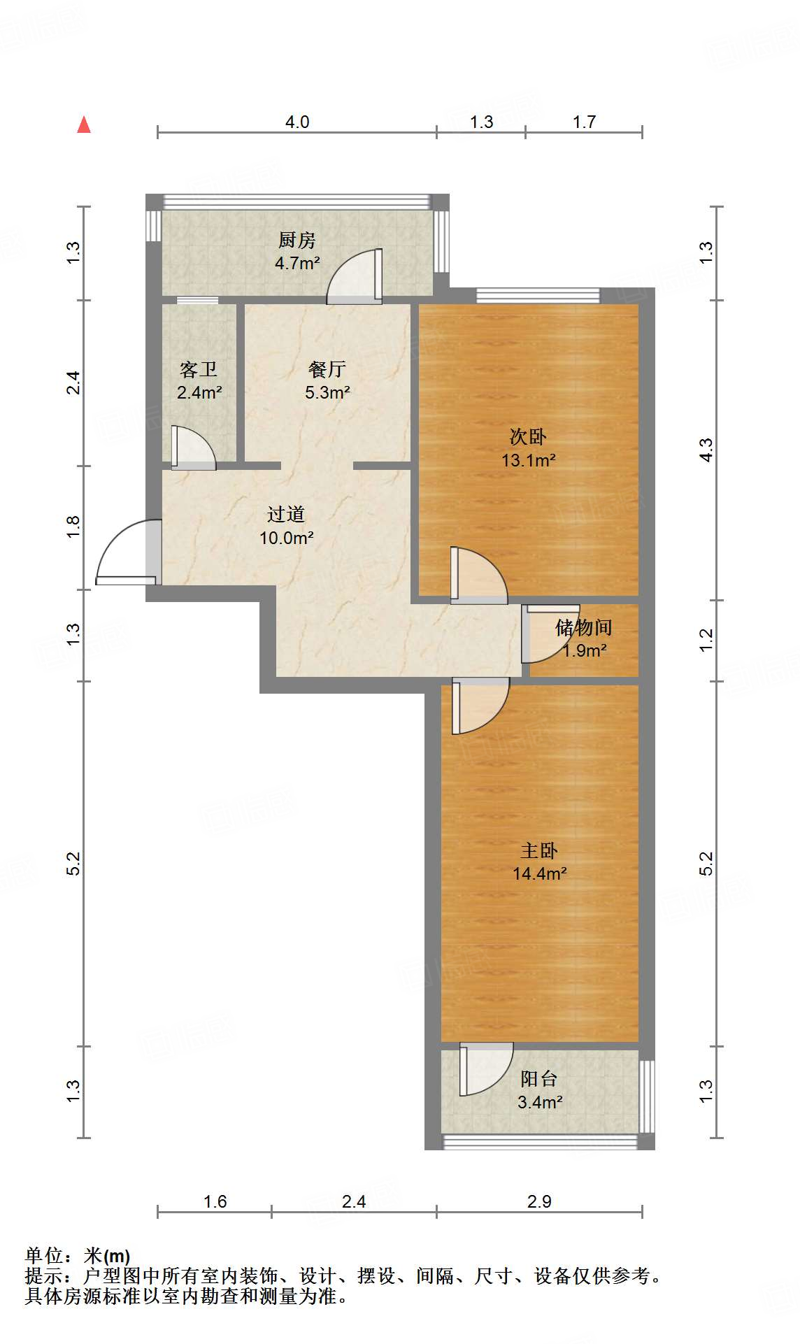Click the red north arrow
[x=84, y=124]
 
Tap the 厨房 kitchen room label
[x=297, y=241]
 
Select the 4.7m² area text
[x=297, y=264]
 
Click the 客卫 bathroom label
[x=199, y=369]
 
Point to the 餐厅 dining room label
[x=327, y=369]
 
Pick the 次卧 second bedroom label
[x=528, y=437]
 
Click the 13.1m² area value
[x=528, y=460]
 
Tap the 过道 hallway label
[x=286, y=515]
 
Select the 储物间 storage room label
[x=584, y=627]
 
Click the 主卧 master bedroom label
[x=539, y=850]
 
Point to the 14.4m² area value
[x=539, y=873]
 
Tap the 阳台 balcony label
[x=539, y=1079]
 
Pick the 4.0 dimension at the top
[x=297, y=122]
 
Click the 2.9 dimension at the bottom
[x=539, y=1201]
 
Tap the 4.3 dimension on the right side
[x=706, y=450]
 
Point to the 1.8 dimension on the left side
[x=73, y=527]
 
